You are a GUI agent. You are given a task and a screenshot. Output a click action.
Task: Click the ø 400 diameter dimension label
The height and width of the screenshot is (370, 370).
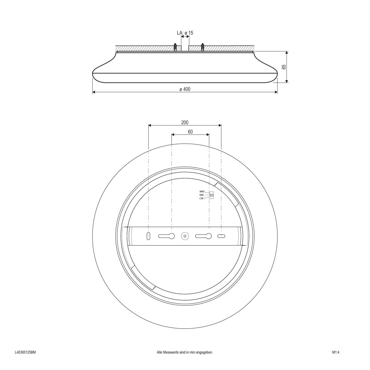tap(185, 89)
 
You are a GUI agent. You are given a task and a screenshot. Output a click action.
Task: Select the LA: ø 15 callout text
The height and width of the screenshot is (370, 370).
tap(185, 33)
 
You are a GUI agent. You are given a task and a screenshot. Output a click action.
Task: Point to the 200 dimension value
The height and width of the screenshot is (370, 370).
tap(185, 122)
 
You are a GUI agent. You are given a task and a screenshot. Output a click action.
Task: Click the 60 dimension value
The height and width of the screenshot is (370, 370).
tap(190, 132)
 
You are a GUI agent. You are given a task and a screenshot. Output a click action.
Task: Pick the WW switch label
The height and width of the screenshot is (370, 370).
tap(202, 192)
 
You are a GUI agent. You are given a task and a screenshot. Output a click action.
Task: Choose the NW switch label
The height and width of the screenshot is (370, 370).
tap(202, 195)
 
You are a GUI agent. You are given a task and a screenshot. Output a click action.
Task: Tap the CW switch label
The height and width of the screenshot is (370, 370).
tap(202, 198)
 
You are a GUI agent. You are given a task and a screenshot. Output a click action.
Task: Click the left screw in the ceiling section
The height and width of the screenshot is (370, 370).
tap(175, 47)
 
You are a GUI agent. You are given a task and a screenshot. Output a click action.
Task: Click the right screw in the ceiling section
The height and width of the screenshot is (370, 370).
tap(203, 47)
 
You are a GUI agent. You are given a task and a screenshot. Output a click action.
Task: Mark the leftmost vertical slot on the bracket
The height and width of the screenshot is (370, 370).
tap(148, 236)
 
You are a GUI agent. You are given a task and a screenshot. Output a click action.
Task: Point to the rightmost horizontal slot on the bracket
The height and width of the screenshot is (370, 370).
tap(221, 236)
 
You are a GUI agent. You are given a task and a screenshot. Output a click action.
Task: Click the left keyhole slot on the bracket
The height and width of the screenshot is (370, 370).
tap(167, 236)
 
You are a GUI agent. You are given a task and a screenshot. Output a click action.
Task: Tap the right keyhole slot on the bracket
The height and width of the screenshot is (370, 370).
tap(203, 236)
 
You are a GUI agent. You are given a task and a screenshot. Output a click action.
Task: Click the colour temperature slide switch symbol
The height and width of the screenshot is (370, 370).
tap(212, 195)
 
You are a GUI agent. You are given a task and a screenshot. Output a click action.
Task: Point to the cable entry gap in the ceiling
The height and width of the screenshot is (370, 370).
tap(185, 48)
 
